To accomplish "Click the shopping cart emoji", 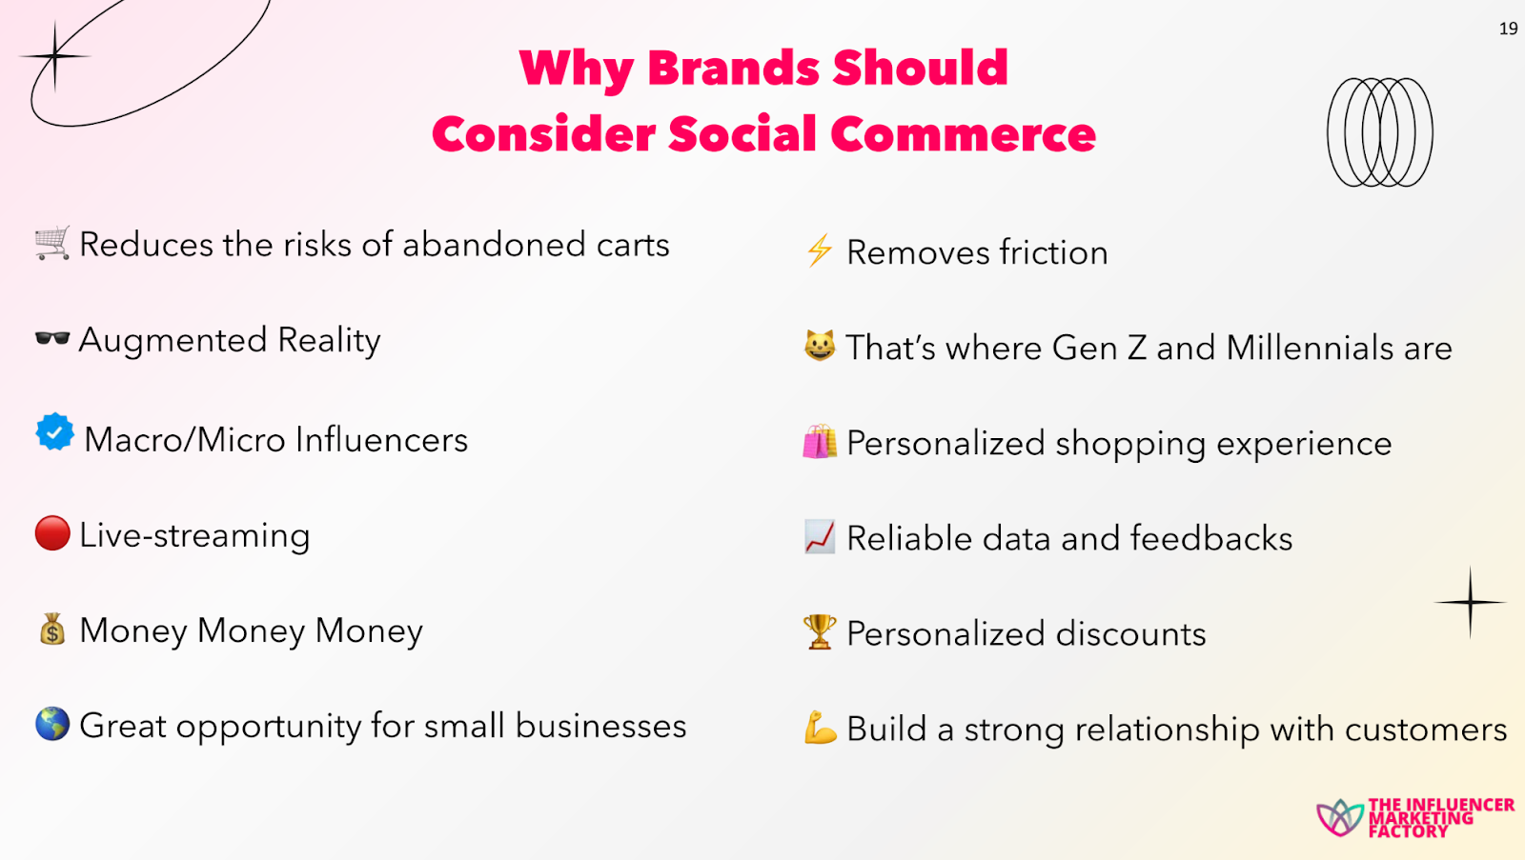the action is [x=52, y=243].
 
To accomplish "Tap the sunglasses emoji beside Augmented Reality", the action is [x=52, y=338].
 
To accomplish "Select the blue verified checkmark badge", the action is [x=54, y=431].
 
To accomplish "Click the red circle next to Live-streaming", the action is [x=52, y=532].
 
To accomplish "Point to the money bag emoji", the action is [x=52, y=629].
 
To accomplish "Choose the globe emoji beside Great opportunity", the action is [x=52, y=723].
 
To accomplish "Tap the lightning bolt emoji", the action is [x=819, y=250].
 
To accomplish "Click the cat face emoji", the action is [x=820, y=346].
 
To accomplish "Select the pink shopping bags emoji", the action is [x=820, y=441].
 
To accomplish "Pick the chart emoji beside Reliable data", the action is [x=820, y=537].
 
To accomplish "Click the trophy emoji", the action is [x=820, y=631].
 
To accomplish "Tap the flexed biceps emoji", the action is [x=820, y=728].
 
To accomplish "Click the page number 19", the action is [x=1508, y=29].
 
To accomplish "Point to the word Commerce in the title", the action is [x=964, y=133].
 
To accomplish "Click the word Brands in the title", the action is [x=733, y=68].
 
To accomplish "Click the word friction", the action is [x=1054, y=252].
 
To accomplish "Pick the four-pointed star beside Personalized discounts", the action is [x=1471, y=602].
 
